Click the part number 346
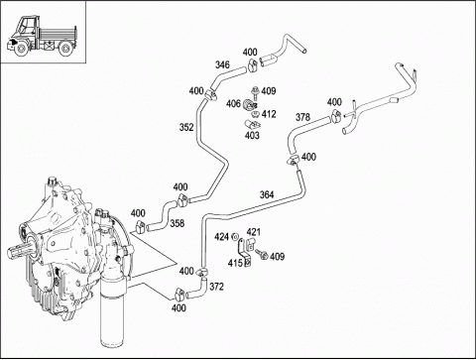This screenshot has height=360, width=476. point(222,64)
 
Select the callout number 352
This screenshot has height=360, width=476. point(186,127)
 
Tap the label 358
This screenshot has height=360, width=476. point(178,223)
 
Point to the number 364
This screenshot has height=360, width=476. point(267,194)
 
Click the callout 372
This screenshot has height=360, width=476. point(216,287)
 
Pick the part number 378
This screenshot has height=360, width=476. point(302,117)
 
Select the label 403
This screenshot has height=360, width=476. point(252,135)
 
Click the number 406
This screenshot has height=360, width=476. point(233,104)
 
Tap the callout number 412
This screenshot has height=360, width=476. point(269,114)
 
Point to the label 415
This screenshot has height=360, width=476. point(235,263)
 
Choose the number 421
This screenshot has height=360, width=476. point(253,232)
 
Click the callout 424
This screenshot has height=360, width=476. point(221,237)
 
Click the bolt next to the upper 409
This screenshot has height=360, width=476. point(255,93)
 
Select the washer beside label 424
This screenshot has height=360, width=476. point(235,237)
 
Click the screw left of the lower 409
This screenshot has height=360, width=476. point(262,254)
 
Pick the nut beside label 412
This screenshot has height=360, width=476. point(255,114)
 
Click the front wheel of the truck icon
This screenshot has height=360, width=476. point(21,49)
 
